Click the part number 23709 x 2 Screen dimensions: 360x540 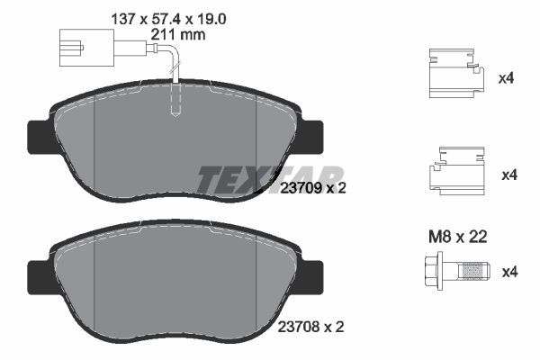[312, 189]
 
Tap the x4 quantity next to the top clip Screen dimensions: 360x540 [506, 78]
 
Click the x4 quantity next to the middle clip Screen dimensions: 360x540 [506, 175]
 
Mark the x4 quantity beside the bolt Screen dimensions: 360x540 [506, 271]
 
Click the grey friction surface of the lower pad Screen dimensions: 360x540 [175, 288]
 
